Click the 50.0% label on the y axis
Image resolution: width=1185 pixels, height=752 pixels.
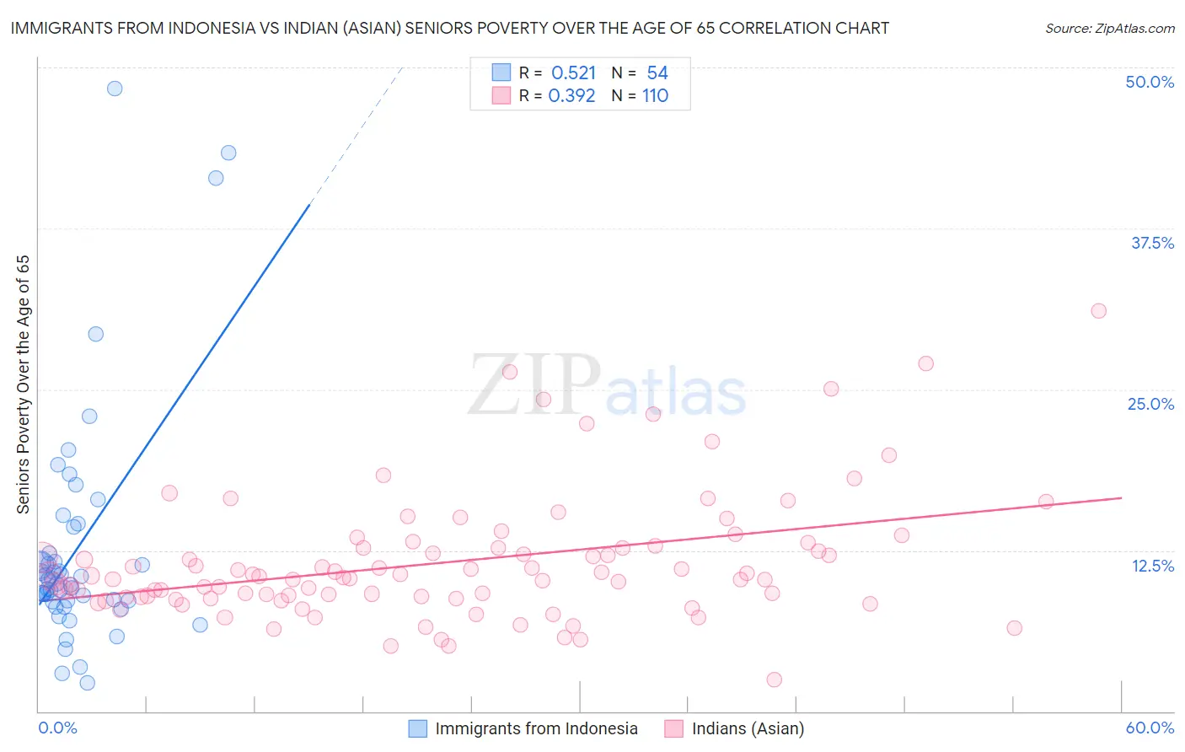point(1150,82)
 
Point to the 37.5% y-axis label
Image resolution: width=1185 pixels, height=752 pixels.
point(1152,243)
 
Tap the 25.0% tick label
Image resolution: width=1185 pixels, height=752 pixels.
point(1150,404)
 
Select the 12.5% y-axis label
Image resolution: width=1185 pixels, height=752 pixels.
point(1152,566)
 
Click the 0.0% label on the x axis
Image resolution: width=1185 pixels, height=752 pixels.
point(57,728)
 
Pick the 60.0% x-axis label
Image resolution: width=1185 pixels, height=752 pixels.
point(1150,728)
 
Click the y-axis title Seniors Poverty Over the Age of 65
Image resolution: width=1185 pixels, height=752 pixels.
point(24,384)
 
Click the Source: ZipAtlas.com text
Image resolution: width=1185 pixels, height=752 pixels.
point(1109,29)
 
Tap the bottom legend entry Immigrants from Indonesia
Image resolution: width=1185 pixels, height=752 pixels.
point(536,728)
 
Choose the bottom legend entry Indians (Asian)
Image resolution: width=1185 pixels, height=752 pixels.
point(748,728)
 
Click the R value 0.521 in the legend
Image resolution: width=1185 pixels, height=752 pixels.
point(573,73)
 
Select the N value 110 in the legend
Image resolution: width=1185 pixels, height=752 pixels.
point(655,96)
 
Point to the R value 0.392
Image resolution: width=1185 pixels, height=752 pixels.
point(571,96)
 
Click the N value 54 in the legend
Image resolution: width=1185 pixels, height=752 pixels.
point(657,73)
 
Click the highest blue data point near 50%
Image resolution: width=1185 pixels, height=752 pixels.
point(115,89)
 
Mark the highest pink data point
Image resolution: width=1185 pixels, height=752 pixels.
point(1098,311)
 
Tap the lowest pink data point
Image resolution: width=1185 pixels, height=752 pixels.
point(774,679)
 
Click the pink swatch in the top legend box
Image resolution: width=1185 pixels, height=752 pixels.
point(501,96)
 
